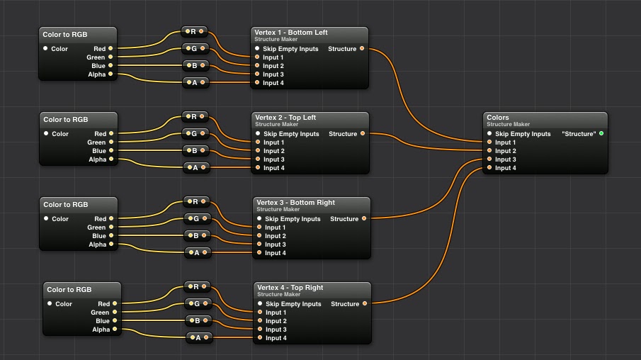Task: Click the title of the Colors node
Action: click(498, 118)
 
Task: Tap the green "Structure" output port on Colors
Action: click(601, 134)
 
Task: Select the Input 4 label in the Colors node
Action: click(505, 168)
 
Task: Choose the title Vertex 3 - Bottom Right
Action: click(295, 203)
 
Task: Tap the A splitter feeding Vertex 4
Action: click(198, 338)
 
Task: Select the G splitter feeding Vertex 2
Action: click(194, 133)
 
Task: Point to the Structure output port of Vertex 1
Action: click(362, 49)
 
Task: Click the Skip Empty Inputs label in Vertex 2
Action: click(291, 134)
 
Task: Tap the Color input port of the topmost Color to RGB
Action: click(45, 49)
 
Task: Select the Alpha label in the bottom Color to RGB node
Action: click(101, 330)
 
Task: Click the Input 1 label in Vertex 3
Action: click(275, 227)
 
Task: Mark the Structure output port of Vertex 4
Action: click(365, 304)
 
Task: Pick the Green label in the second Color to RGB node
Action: click(96, 142)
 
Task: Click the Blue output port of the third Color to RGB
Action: click(112, 236)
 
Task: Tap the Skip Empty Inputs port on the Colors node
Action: click(489, 134)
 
